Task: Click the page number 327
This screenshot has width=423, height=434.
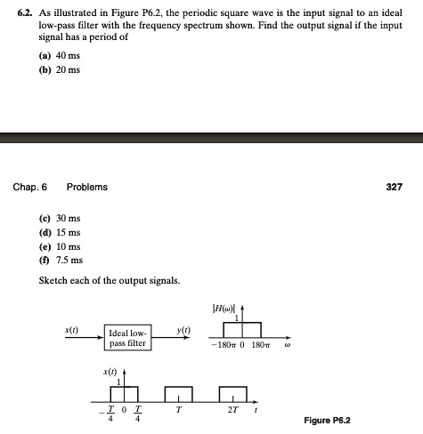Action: tap(395, 188)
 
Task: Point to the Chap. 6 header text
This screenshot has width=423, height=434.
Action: tap(30, 188)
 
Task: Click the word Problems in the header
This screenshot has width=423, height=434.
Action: tap(86, 188)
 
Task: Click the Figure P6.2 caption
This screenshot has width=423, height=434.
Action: tap(326, 420)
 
